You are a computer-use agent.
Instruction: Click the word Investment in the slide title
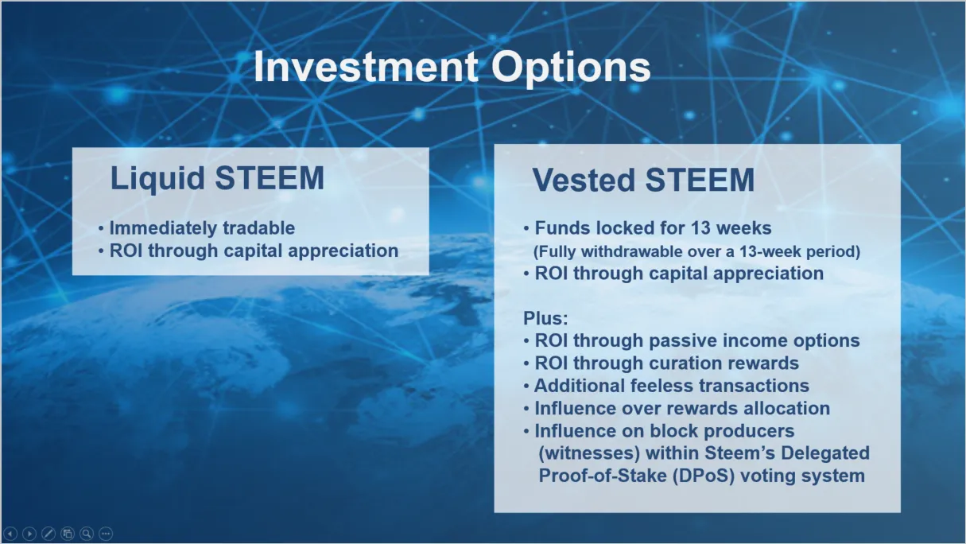coord(367,67)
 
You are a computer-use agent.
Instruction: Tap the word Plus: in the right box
coord(545,318)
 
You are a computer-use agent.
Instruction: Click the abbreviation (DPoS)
coord(704,476)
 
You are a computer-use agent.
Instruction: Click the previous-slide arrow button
coord(10,534)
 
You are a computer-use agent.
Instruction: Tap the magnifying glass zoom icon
coord(87,534)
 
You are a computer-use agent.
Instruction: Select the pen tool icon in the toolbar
coord(48,534)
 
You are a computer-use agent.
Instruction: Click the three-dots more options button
coord(106,534)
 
